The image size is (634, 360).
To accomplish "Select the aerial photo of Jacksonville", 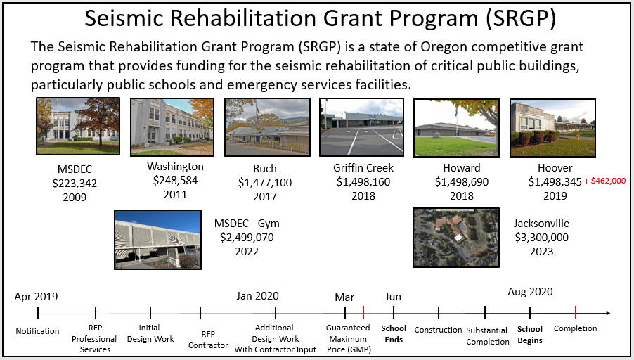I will [455, 237].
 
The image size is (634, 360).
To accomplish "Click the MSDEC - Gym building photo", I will [158, 239].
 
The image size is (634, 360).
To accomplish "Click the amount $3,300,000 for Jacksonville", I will [541, 238].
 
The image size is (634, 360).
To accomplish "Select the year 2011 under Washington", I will [175, 194].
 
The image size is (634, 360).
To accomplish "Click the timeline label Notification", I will [37, 331].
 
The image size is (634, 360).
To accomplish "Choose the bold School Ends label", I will [394, 333].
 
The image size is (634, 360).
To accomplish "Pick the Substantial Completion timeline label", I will [487, 335].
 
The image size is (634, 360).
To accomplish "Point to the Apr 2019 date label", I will [36, 297].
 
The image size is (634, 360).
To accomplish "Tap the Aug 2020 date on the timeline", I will [530, 291].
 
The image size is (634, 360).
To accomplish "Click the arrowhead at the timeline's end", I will [607, 313].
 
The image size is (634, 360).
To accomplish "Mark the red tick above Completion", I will [576, 313].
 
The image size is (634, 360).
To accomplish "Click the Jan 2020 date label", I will [257, 296].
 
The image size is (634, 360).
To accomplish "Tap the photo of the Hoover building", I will [552, 127].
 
